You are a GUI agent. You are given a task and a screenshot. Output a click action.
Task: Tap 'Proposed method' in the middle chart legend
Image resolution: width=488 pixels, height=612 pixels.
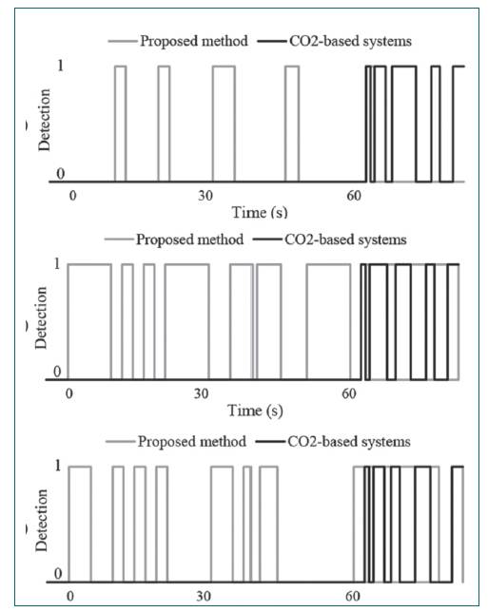(x=189, y=239)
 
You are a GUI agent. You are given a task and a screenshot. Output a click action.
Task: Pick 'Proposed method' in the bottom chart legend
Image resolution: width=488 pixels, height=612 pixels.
(x=191, y=442)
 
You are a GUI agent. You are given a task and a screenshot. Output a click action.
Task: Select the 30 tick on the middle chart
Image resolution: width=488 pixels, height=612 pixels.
(x=201, y=393)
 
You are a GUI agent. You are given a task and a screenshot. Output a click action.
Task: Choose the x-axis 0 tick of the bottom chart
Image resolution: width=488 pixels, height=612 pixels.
(x=70, y=597)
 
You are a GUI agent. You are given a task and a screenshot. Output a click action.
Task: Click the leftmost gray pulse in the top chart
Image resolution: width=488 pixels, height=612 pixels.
(x=120, y=124)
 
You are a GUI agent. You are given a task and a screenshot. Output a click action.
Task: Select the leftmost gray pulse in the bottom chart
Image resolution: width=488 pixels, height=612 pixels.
(x=80, y=522)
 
